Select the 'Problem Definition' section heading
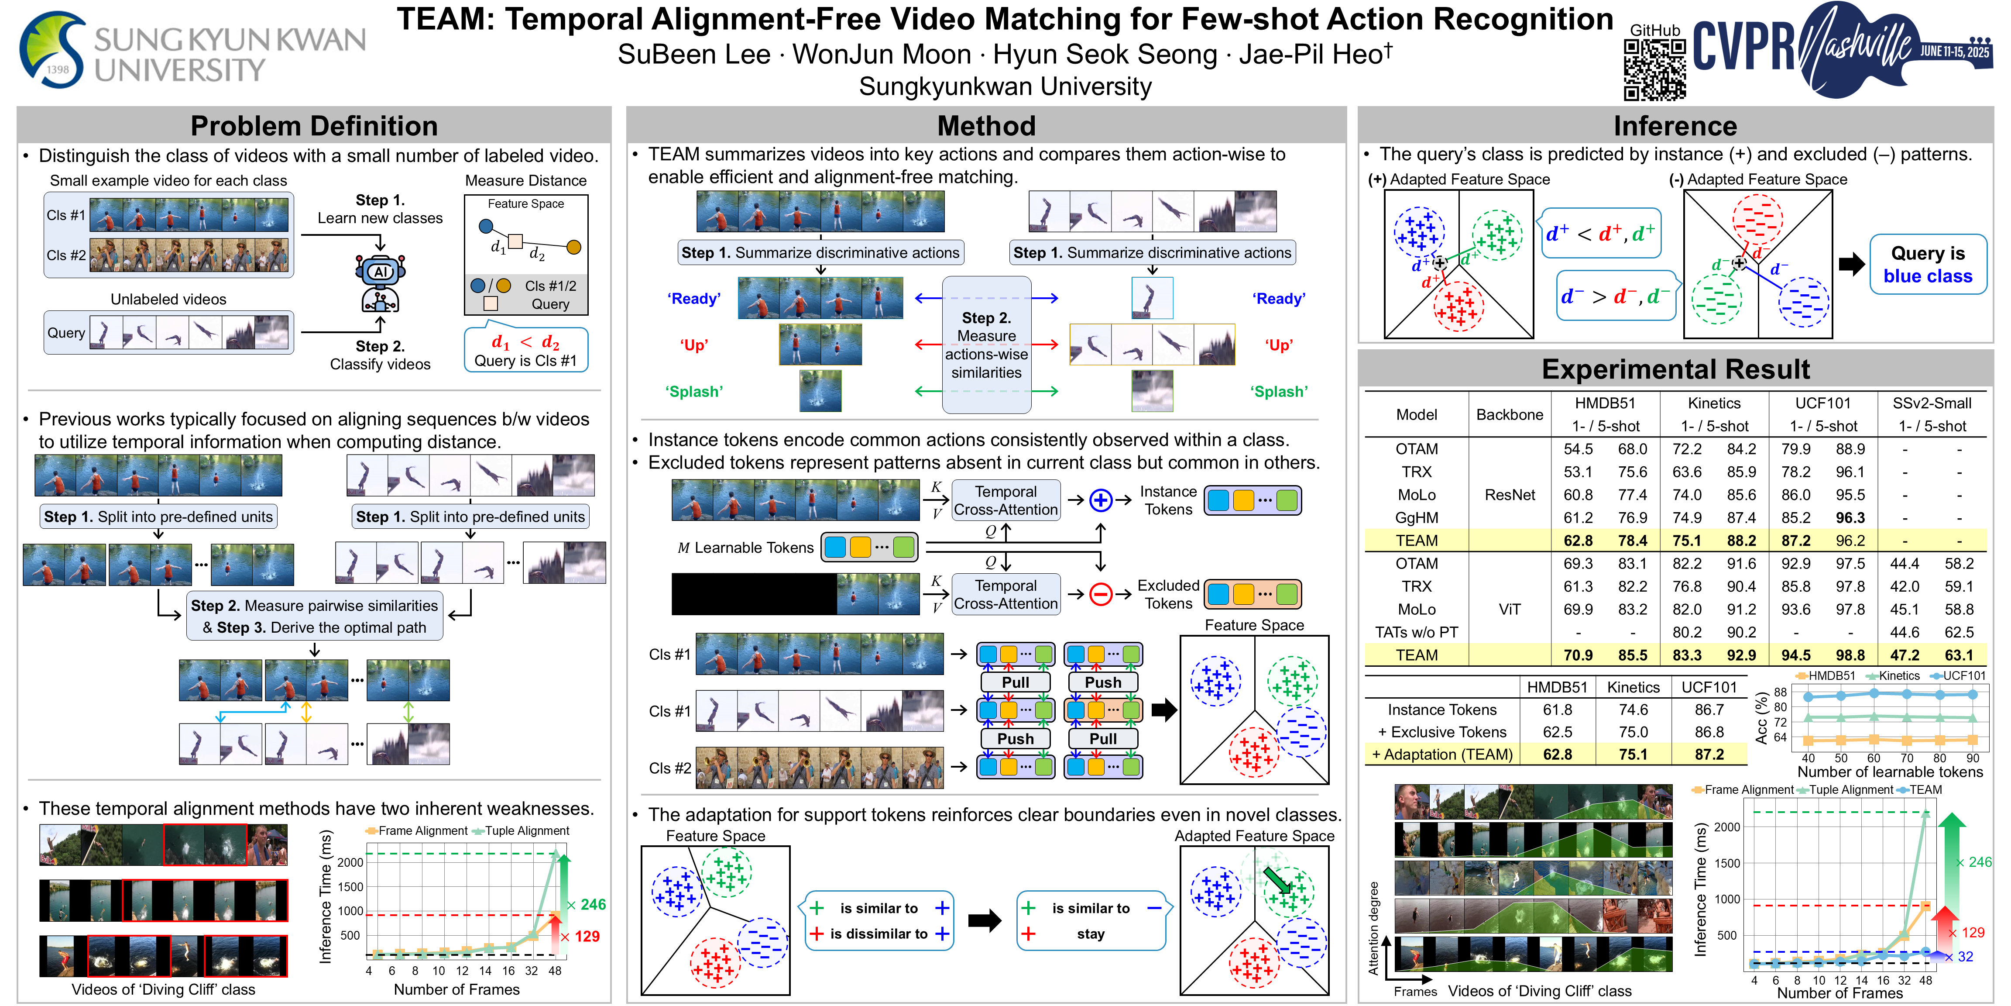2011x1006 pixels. click(314, 126)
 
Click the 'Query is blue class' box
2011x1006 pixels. click(1928, 265)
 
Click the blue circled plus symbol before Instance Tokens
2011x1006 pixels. click(1100, 500)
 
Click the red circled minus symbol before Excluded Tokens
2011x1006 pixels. click(1100, 594)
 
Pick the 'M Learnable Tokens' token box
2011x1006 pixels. click(869, 547)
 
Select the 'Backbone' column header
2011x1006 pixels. click(1509, 415)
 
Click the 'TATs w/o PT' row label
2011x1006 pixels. click(1416, 632)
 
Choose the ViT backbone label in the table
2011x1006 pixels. click(1509, 609)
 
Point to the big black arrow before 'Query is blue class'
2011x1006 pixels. click(1851, 265)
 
